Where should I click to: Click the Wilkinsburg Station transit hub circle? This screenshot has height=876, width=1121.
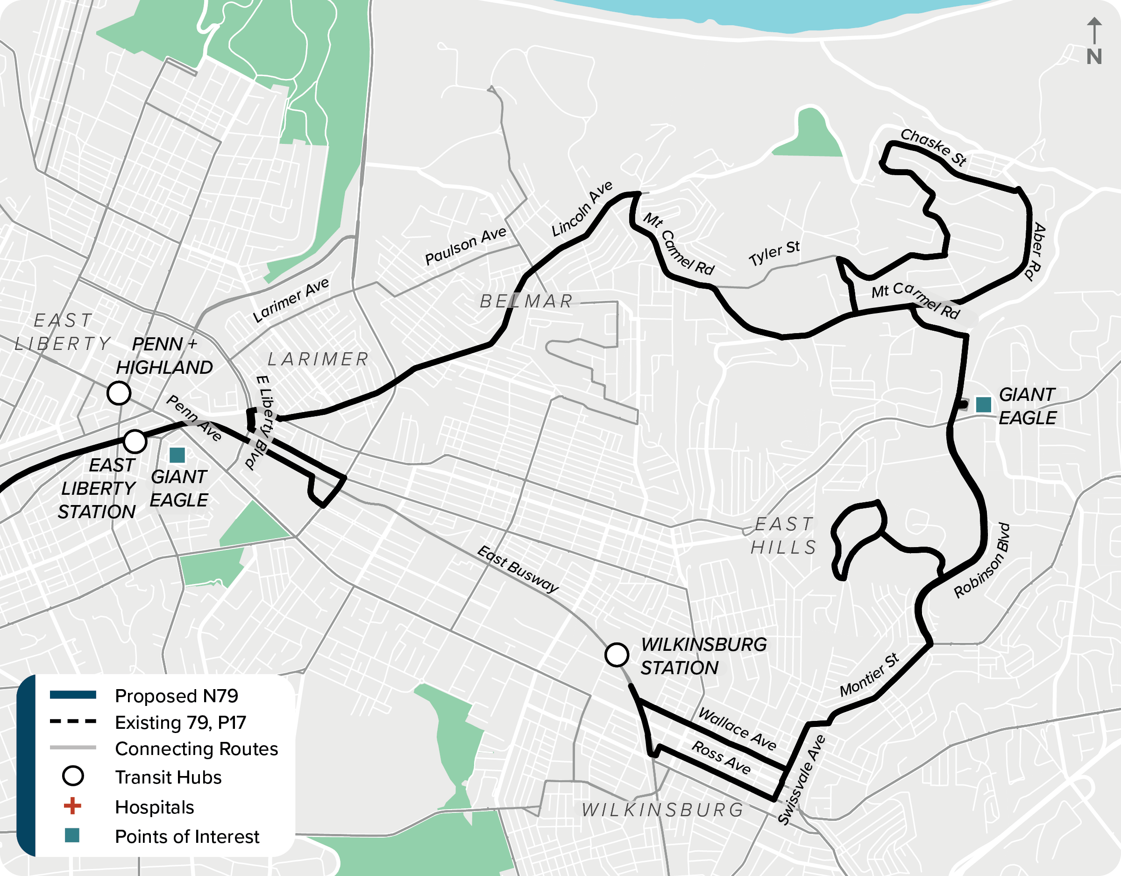point(617,655)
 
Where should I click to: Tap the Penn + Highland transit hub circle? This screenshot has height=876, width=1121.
point(119,393)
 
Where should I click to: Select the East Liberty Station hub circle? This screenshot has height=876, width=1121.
point(135,441)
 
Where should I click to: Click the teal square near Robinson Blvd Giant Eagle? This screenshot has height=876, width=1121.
point(983,405)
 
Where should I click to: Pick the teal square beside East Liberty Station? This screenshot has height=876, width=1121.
point(177,455)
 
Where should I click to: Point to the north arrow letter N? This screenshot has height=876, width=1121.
point(1094,57)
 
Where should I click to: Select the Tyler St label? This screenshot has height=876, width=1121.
point(774,253)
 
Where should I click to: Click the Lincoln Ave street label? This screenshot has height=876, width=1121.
point(582,209)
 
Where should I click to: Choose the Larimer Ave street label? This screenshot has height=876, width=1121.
point(291,300)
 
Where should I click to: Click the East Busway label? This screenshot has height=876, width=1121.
point(518,569)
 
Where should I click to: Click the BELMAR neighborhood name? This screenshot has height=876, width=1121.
point(526,301)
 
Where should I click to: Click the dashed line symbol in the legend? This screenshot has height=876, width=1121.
point(73,721)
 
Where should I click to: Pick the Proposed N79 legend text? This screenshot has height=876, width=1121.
point(177,696)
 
